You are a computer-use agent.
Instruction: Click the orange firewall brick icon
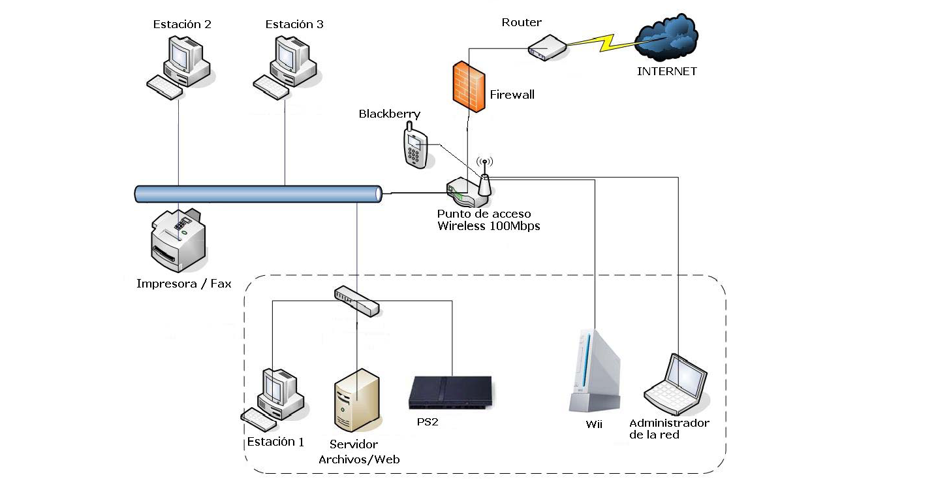pyautogui.click(x=468, y=84)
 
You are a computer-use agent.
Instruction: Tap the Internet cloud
pyautogui.click(x=667, y=40)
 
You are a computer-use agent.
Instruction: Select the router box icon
pyautogui.click(x=546, y=48)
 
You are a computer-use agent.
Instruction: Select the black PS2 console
pyautogui.click(x=450, y=392)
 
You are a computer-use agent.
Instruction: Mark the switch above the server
pyautogui.click(x=356, y=300)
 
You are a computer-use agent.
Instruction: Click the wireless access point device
pyautogui.click(x=469, y=192)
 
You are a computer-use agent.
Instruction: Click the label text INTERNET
pyautogui.click(x=666, y=71)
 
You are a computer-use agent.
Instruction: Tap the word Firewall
pyautogui.click(x=512, y=95)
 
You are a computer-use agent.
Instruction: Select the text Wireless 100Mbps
pyautogui.click(x=488, y=226)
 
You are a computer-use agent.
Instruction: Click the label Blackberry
pyautogui.click(x=389, y=114)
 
